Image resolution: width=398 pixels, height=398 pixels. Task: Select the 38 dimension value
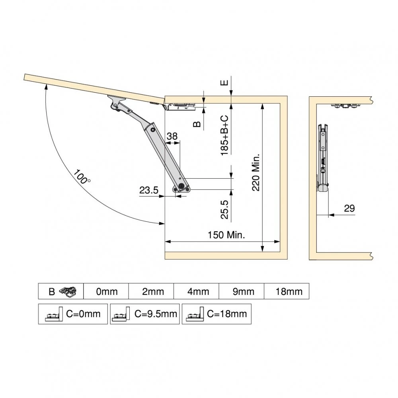(x=172, y=136)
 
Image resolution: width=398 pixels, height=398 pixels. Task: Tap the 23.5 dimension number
(x=149, y=190)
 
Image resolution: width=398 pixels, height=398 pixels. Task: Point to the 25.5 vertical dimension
(x=224, y=209)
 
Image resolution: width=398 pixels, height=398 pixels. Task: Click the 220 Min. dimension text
(x=256, y=172)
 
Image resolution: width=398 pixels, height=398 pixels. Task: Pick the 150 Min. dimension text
(x=226, y=235)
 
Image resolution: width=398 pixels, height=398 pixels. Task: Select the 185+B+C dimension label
(x=224, y=135)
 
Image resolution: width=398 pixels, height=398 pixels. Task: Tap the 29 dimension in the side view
(x=349, y=209)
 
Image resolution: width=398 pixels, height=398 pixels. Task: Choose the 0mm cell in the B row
(x=106, y=291)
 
